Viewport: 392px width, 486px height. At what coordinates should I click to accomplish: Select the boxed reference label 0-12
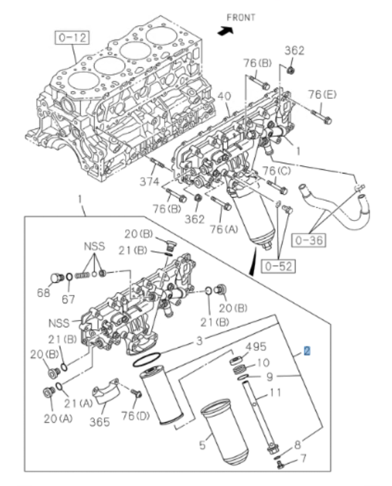tap(72, 38)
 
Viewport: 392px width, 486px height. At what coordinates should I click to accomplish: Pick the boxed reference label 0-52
tap(278, 266)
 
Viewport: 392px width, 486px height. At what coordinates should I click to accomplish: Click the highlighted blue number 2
tap(307, 351)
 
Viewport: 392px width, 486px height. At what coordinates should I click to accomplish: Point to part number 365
tap(99, 422)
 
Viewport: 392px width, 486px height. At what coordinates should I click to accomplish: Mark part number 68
tap(43, 293)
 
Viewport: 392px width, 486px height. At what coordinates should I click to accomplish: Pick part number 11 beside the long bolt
tap(275, 392)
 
